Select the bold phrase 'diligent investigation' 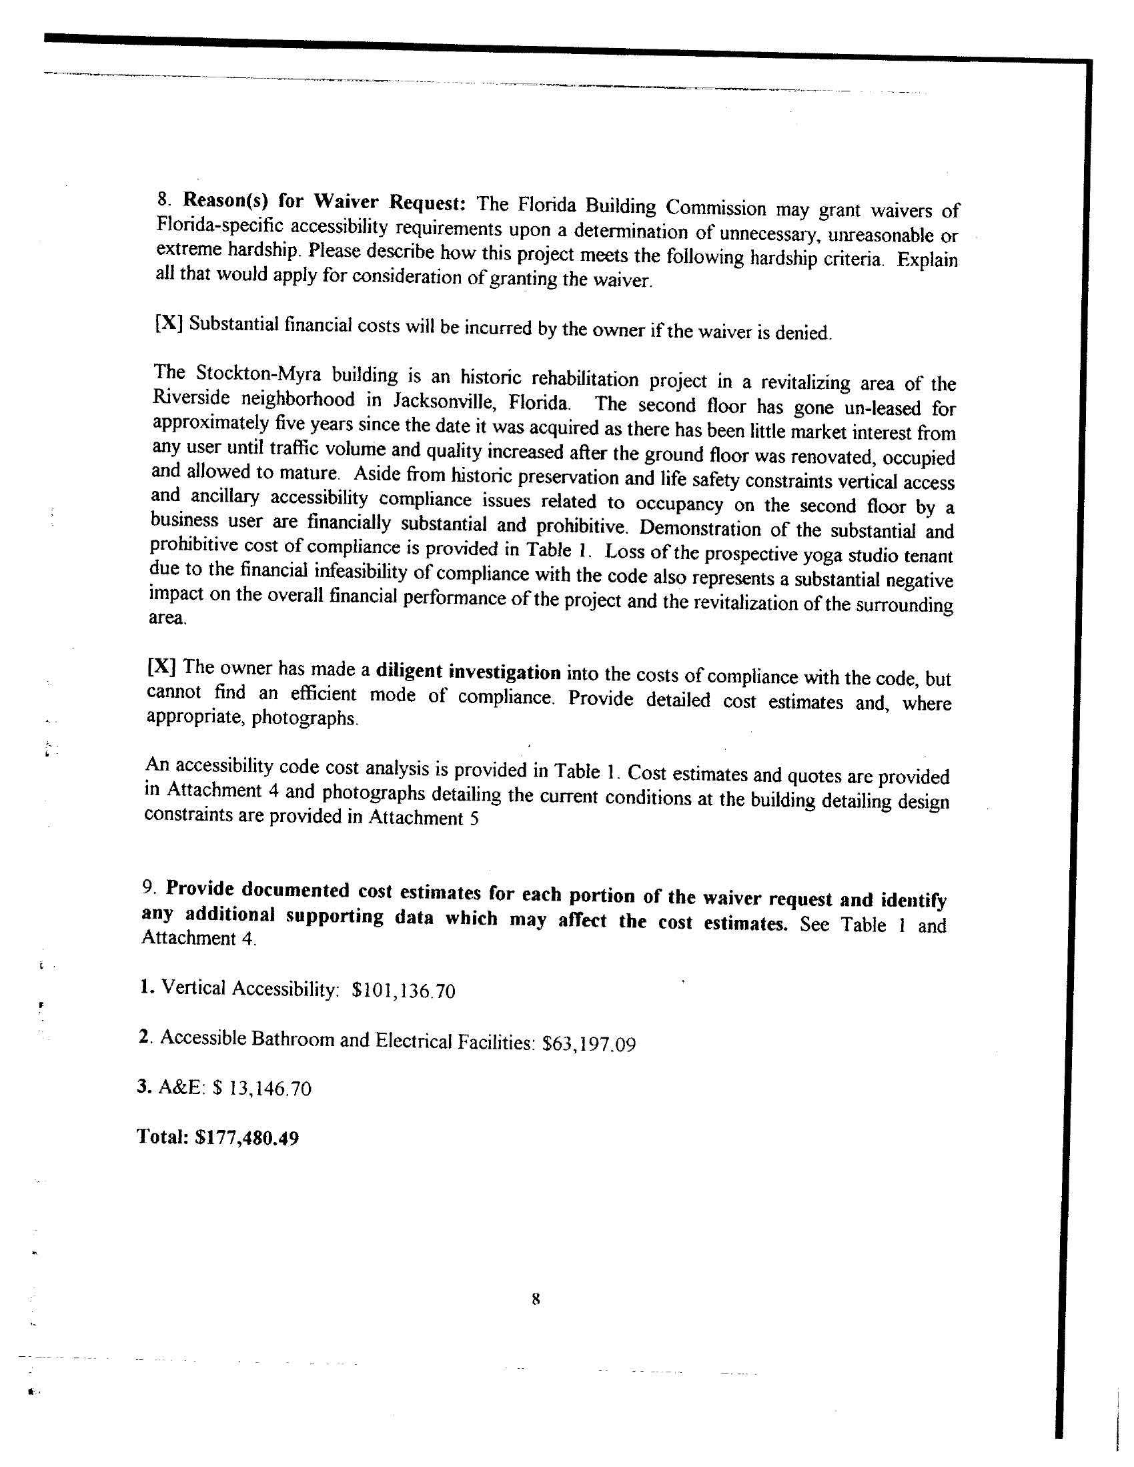coord(468,672)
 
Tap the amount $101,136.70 coord(404,991)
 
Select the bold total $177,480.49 coord(247,1138)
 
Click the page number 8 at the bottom coord(536,1300)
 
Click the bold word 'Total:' coord(161,1137)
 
